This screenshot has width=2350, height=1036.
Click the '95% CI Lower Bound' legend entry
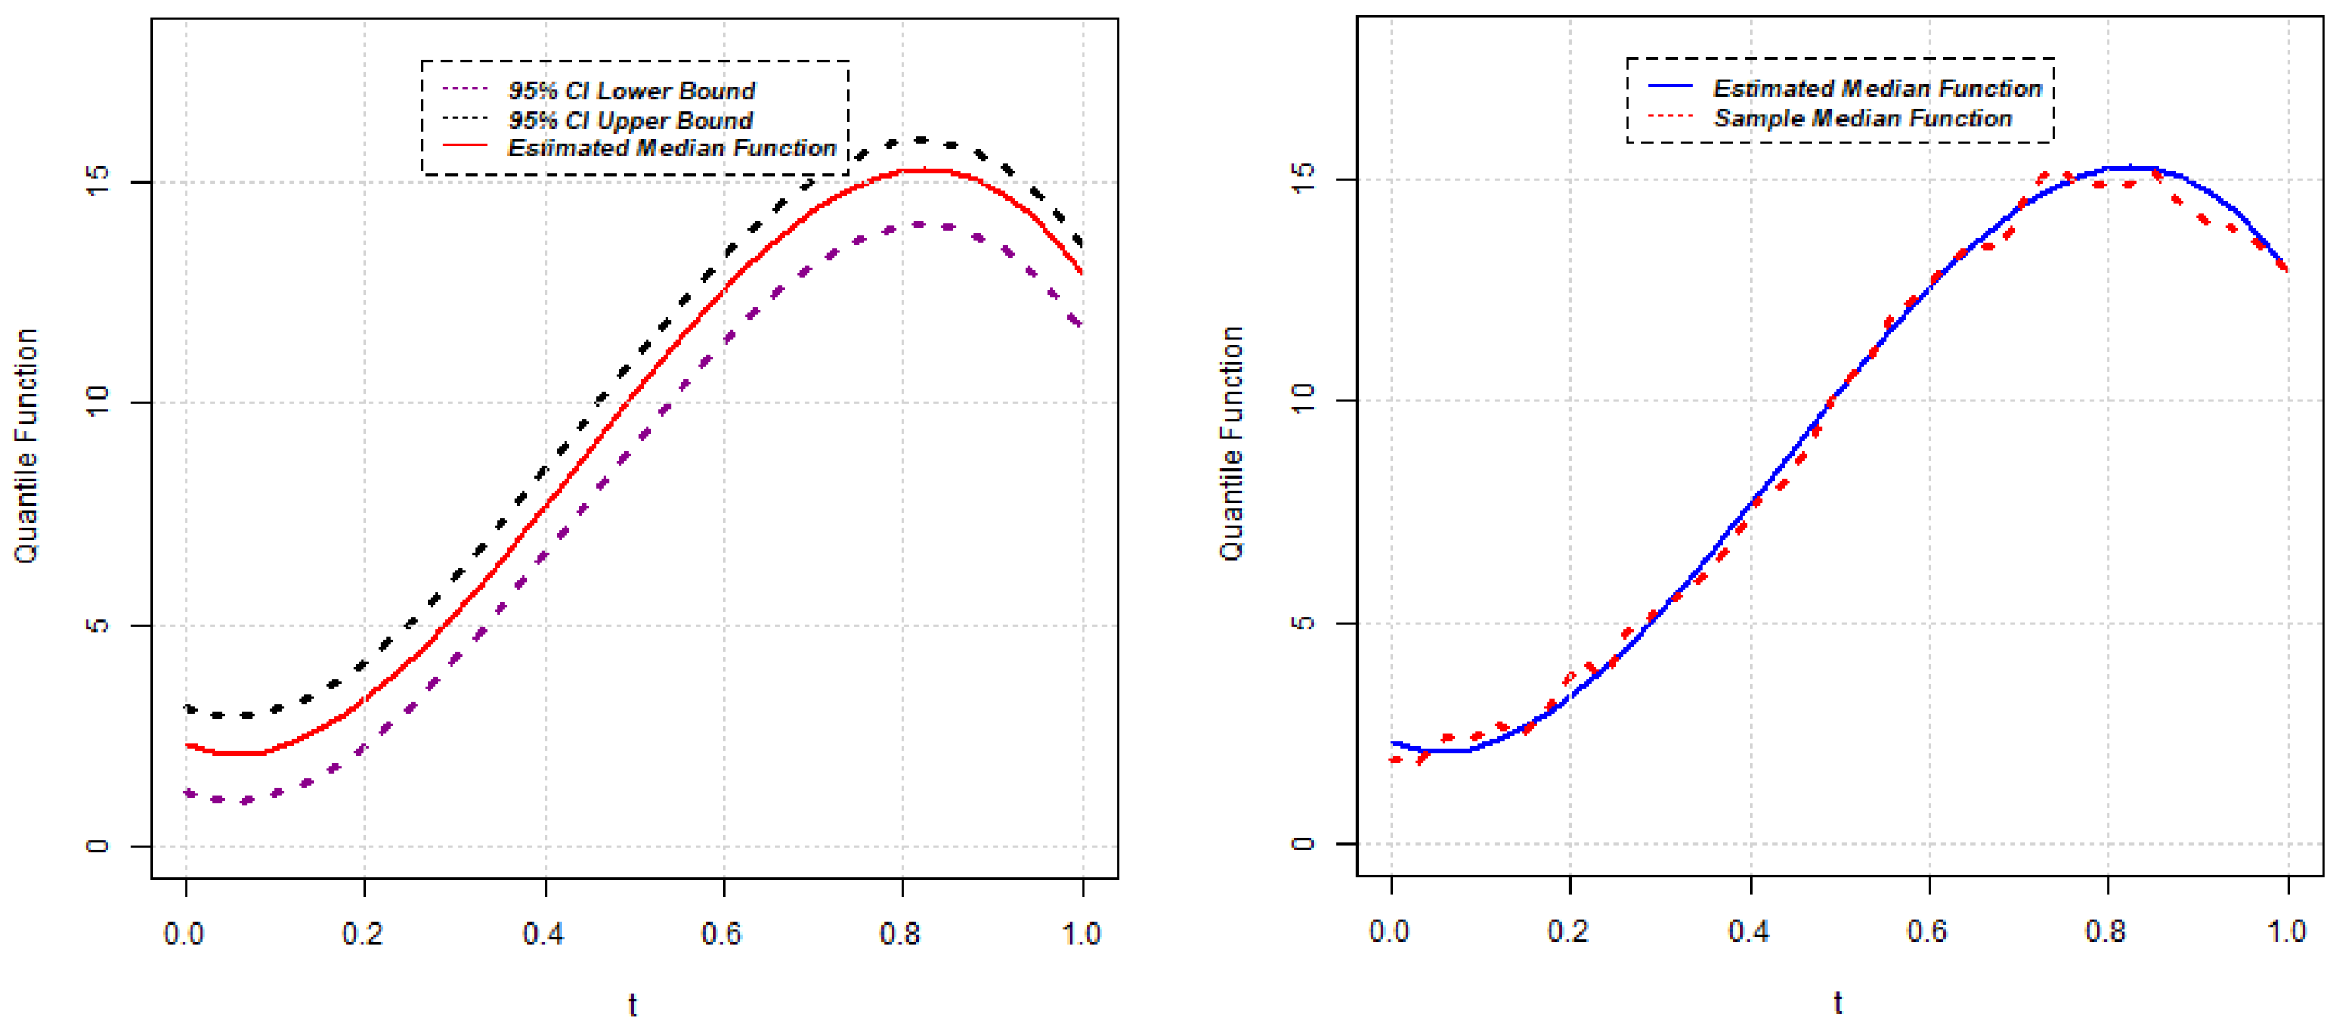tap(631, 91)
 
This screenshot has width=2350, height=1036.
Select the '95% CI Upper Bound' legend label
tap(630, 120)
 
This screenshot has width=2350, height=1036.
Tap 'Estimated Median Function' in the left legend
tap(672, 148)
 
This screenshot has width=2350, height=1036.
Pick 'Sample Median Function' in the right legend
tap(1862, 118)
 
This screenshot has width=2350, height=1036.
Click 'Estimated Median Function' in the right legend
tap(1877, 88)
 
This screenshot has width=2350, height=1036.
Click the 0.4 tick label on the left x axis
tap(544, 934)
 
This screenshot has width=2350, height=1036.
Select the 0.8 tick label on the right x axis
tap(2105, 931)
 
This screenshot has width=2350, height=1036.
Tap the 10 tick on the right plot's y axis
tap(1303, 399)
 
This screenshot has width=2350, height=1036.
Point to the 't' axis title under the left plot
tap(632, 1005)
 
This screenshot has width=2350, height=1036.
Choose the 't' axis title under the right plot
tap(1837, 1002)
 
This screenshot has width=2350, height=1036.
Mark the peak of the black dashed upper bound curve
tap(919, 139)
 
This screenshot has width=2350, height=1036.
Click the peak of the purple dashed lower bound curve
tap(918, 224)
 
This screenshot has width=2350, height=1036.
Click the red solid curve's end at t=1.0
tap(1082, 272)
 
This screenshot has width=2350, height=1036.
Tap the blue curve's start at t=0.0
tap(1393, 743)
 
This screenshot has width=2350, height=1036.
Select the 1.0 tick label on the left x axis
tap(1081, 934)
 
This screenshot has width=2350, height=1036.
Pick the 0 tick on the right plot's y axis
tap(1303, 842)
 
